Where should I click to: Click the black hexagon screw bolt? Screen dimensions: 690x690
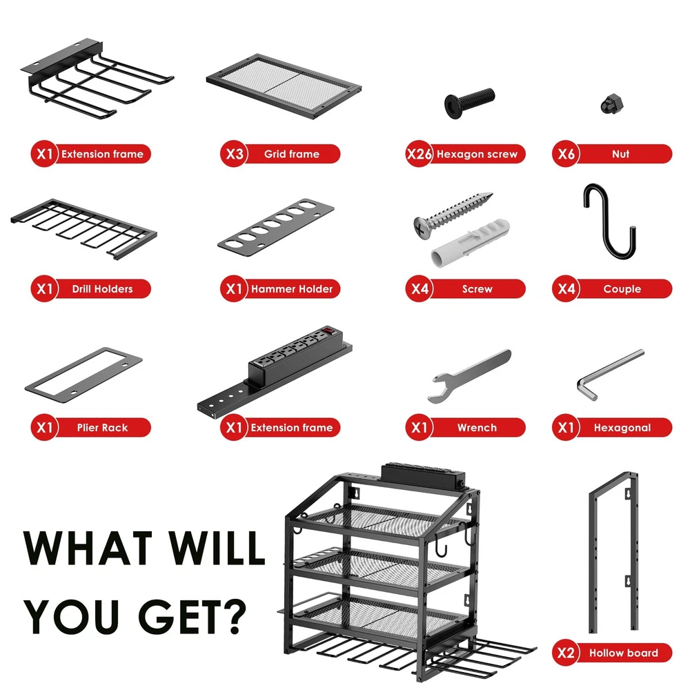click(x=469, y=103)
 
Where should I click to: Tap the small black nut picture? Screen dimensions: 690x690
click(x=612, y=104)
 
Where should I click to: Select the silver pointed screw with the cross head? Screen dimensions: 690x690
click(x=453, y=215)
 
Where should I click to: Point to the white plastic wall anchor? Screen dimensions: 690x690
click(x=470, y=243)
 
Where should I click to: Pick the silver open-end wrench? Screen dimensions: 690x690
click(x=469, y=376)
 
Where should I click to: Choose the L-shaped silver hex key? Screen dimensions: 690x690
click(x=610, y=374)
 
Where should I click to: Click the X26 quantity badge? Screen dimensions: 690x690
click(x=419, y=154)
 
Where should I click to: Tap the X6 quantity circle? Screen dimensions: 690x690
click(x=566, y=154)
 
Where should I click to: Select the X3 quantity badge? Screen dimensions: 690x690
click(x=234, y=154)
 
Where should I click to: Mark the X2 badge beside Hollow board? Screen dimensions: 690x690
click(x=566, y=653)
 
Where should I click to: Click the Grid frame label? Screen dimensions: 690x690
click(x=292, y=154)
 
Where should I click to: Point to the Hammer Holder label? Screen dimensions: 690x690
click(x=292, y=289)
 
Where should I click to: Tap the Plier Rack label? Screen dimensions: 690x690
click(x=102, y=428)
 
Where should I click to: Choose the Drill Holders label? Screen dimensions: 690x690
click(x=102, y=289)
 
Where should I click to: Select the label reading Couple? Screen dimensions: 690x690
click(x=622, y=289)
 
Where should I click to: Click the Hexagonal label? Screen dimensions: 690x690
click(x=622, y=428)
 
